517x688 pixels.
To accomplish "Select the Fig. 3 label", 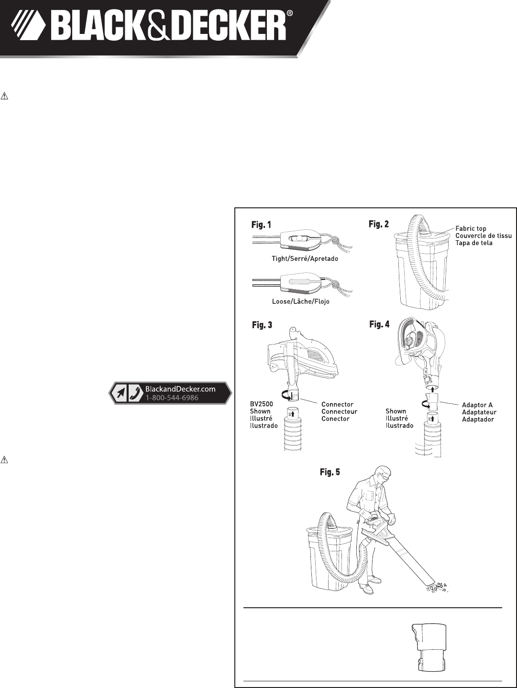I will tap(262, 325).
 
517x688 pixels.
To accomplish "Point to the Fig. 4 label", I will tap(379, 324).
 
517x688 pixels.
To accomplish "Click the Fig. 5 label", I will tap(330, 472).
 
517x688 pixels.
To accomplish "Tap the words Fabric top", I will tap(471, 228).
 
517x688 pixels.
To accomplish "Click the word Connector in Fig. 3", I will tap(337, 404).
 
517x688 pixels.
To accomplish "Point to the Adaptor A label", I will tap(477, 405).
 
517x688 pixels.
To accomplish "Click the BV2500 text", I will tap(262, 404).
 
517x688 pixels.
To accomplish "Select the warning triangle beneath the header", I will tap(5, 96).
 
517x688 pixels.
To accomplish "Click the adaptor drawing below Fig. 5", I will tap(428, 648).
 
